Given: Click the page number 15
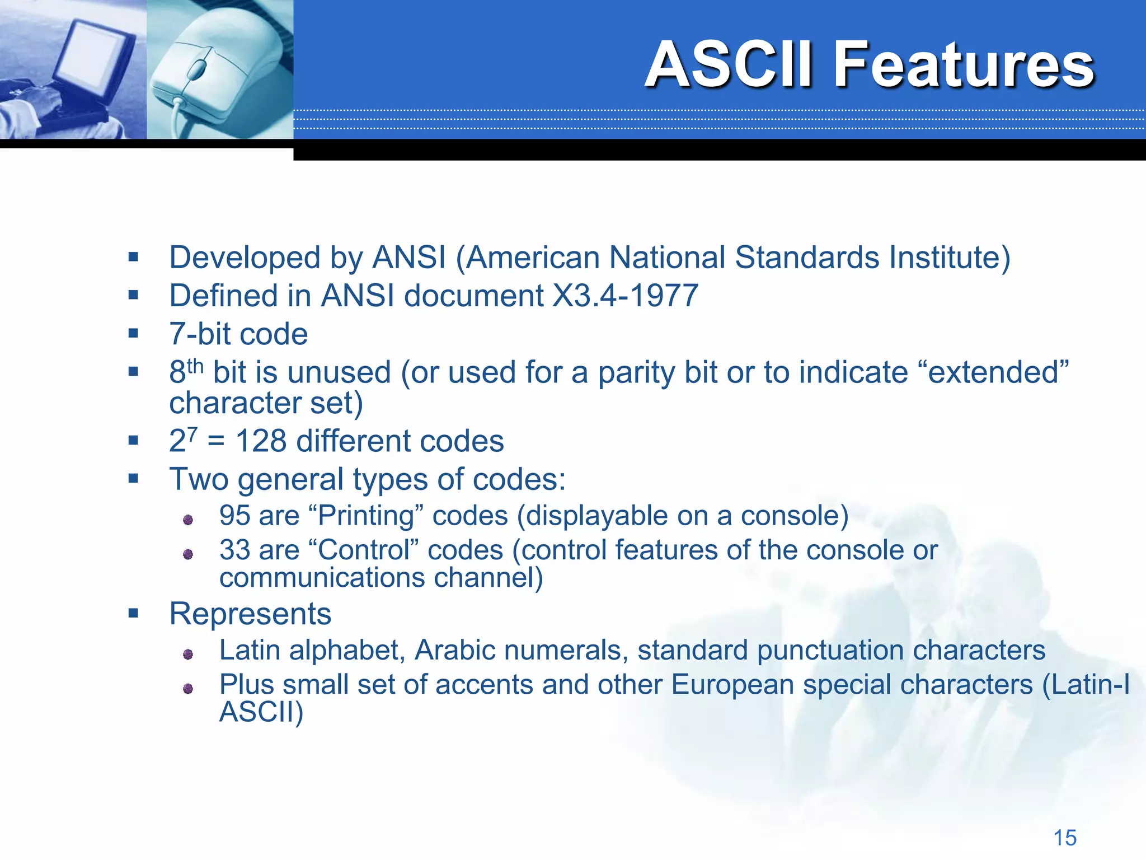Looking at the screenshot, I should (x=1065, y=838).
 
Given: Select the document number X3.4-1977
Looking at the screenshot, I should (x=625, y=296).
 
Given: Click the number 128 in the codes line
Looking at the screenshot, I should (x=261, y=441).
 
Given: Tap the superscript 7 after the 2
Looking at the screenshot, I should (x=192, y=433).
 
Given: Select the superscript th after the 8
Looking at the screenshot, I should (x=195, y=366).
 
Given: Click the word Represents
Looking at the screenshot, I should (x=250, y=614).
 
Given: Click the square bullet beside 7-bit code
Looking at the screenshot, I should (x=133, y=334).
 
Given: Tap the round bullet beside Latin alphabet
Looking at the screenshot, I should (x=188, y=654).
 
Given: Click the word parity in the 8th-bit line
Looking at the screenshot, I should (x=636, y=373).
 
